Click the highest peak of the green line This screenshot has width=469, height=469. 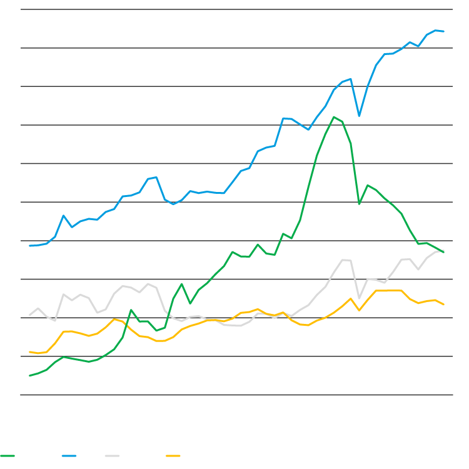(x=335, y=117)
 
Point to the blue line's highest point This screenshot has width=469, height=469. (x=436, y=30)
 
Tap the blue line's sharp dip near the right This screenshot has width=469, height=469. (x=359, y=116)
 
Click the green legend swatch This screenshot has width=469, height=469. (x=8, y=456)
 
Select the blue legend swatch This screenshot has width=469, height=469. (x=69, y=456)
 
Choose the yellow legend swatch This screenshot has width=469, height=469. (x=173, y=456)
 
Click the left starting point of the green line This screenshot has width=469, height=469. (x=30, y=375)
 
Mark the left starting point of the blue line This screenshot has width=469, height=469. (x=30, y=246)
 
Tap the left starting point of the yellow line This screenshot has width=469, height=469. (x=30, y=352)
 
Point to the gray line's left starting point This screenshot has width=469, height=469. (x=30, y=315)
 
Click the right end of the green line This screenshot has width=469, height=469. (x=443, y=252)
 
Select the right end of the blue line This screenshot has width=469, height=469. (x=443, y=31)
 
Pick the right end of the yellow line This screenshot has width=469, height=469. (x=443, y=305)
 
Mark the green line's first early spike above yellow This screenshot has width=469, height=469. (x=131, y=310)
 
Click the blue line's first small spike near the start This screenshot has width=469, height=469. (x=64, y=216)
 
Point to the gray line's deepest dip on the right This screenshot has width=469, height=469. (x=359, y=298)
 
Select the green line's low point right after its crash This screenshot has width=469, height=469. (x=359, y=203)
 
